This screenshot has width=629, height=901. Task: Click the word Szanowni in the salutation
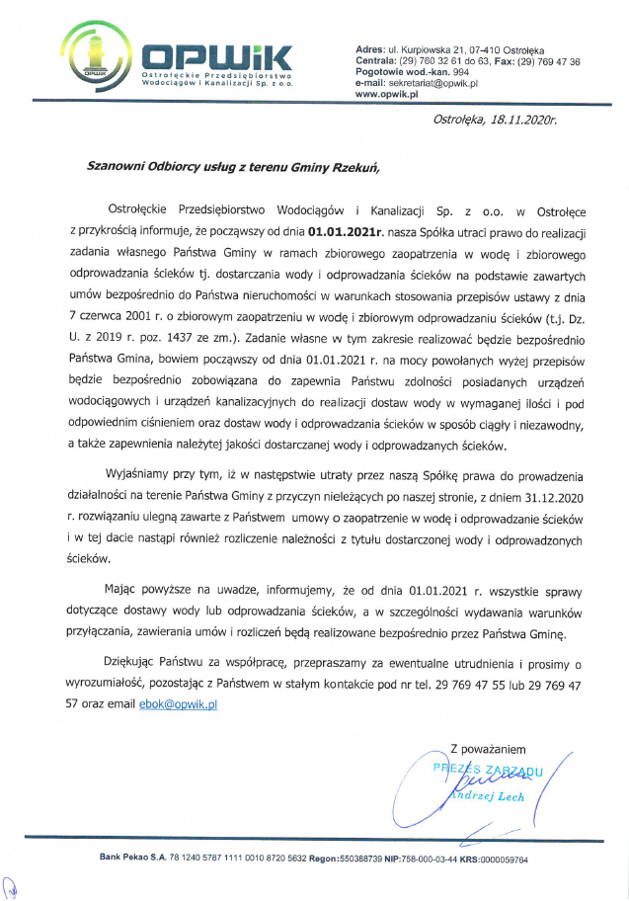pyautogui.click(x=120, y=167)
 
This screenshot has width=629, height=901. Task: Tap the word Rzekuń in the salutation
pyautogui.click(x=353, y=167)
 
